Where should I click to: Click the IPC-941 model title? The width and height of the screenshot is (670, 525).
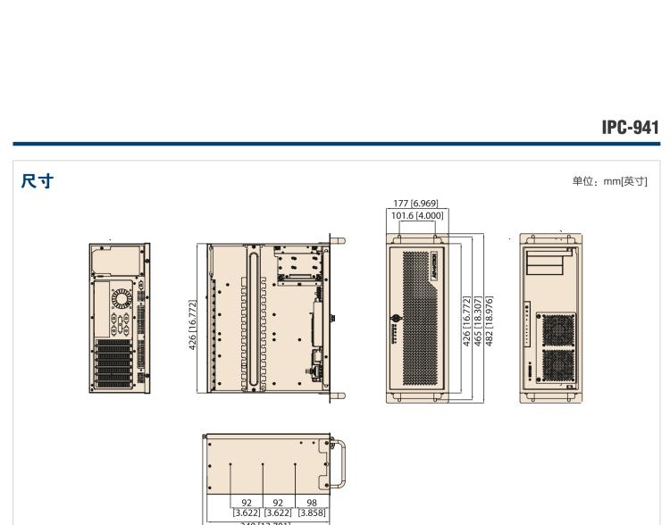coord(630,128)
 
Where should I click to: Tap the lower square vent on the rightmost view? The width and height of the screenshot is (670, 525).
coord(559,366)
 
